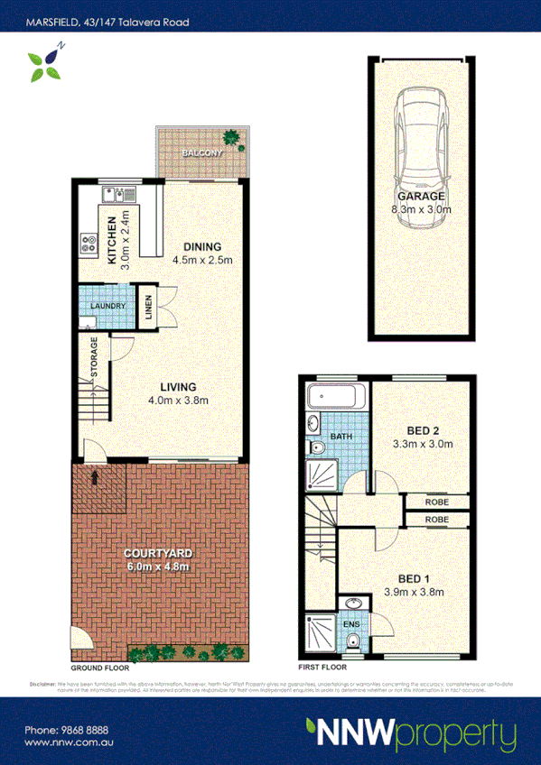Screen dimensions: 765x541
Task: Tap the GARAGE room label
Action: (420, 197)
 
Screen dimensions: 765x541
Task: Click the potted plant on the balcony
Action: (233, 139)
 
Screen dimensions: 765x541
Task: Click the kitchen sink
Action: (117, 191)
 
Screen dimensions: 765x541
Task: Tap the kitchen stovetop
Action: (89, 242)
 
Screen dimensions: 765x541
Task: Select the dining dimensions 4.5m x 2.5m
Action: (203, 261)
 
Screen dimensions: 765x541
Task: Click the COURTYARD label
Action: (159, 553)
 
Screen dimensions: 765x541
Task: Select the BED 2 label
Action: (421, 429)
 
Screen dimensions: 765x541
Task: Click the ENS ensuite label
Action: (350, 622)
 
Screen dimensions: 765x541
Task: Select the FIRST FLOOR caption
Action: (322, 668)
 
